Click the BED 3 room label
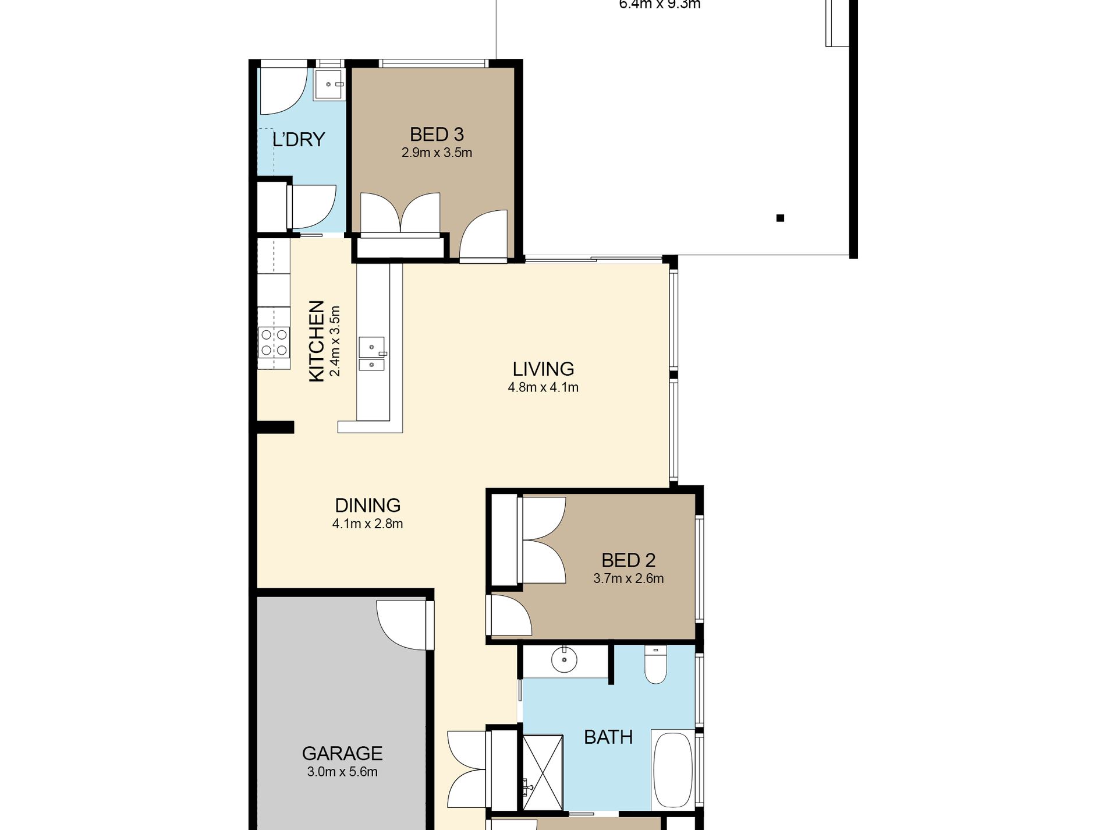coord(437,135)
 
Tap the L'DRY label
coord(298,140)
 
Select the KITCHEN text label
coord(316,341)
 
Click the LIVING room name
coord(543,369)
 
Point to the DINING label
coord(367,505)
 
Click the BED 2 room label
coord(628,560)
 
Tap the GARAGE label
coord(342,754)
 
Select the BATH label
coord(608,737)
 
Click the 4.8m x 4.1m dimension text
coord(543,387)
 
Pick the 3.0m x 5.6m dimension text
coord(342,772)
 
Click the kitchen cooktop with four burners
coord(274,342)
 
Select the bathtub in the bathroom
coord(672,769)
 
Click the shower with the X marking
coord(543,772)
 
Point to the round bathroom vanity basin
coord(563,660)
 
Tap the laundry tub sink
coord(329,85)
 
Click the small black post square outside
coord(780,218)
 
